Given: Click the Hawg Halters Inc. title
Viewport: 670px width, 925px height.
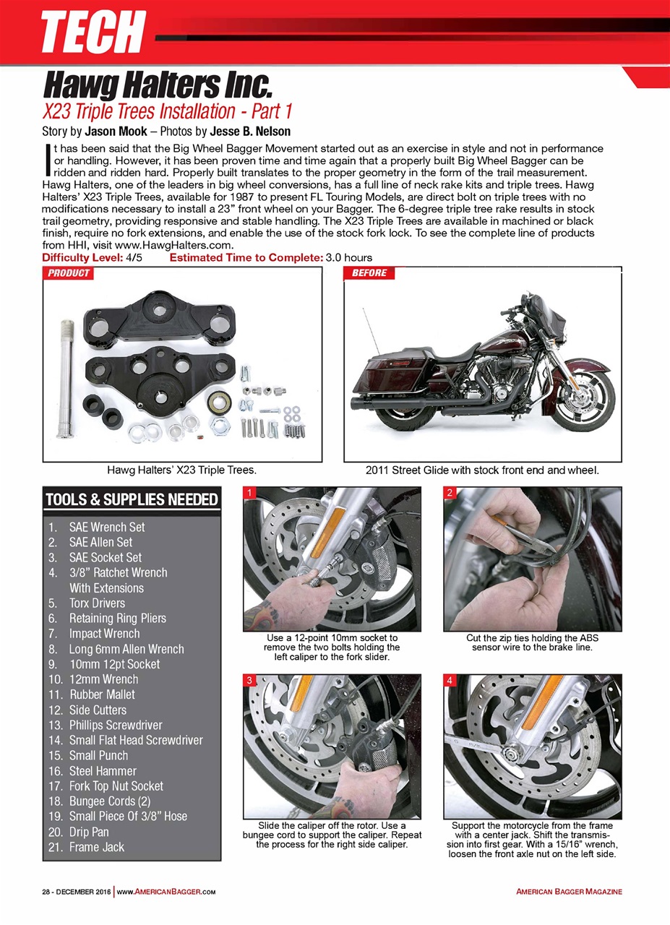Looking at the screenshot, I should click(x=157, y=85).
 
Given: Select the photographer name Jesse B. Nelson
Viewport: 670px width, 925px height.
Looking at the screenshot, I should click(x=250, y=132).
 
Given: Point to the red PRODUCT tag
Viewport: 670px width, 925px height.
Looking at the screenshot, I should click(x=69, y=273).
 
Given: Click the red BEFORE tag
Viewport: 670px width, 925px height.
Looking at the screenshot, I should click(x=369, y=273).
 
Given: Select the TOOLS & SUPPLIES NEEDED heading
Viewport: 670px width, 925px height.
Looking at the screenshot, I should click(x=132, y=499).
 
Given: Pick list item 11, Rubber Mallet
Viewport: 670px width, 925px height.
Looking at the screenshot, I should click(x=102, y=694).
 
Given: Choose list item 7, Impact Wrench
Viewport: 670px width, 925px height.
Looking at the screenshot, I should click(x=104, y=634).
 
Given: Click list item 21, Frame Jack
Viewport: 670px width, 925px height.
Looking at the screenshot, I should click(x=96, y=847).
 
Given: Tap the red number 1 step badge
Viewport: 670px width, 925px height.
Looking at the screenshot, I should click(x=249, y=493).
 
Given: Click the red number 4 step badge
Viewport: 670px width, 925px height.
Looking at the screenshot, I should click(x=450, y=681).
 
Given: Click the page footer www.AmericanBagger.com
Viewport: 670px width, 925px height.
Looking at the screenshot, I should click(x=166, y=892).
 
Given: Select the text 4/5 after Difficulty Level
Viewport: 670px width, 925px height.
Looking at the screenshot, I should click(x=134, y=258).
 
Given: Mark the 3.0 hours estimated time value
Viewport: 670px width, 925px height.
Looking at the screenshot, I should click(x=349, y=258).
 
